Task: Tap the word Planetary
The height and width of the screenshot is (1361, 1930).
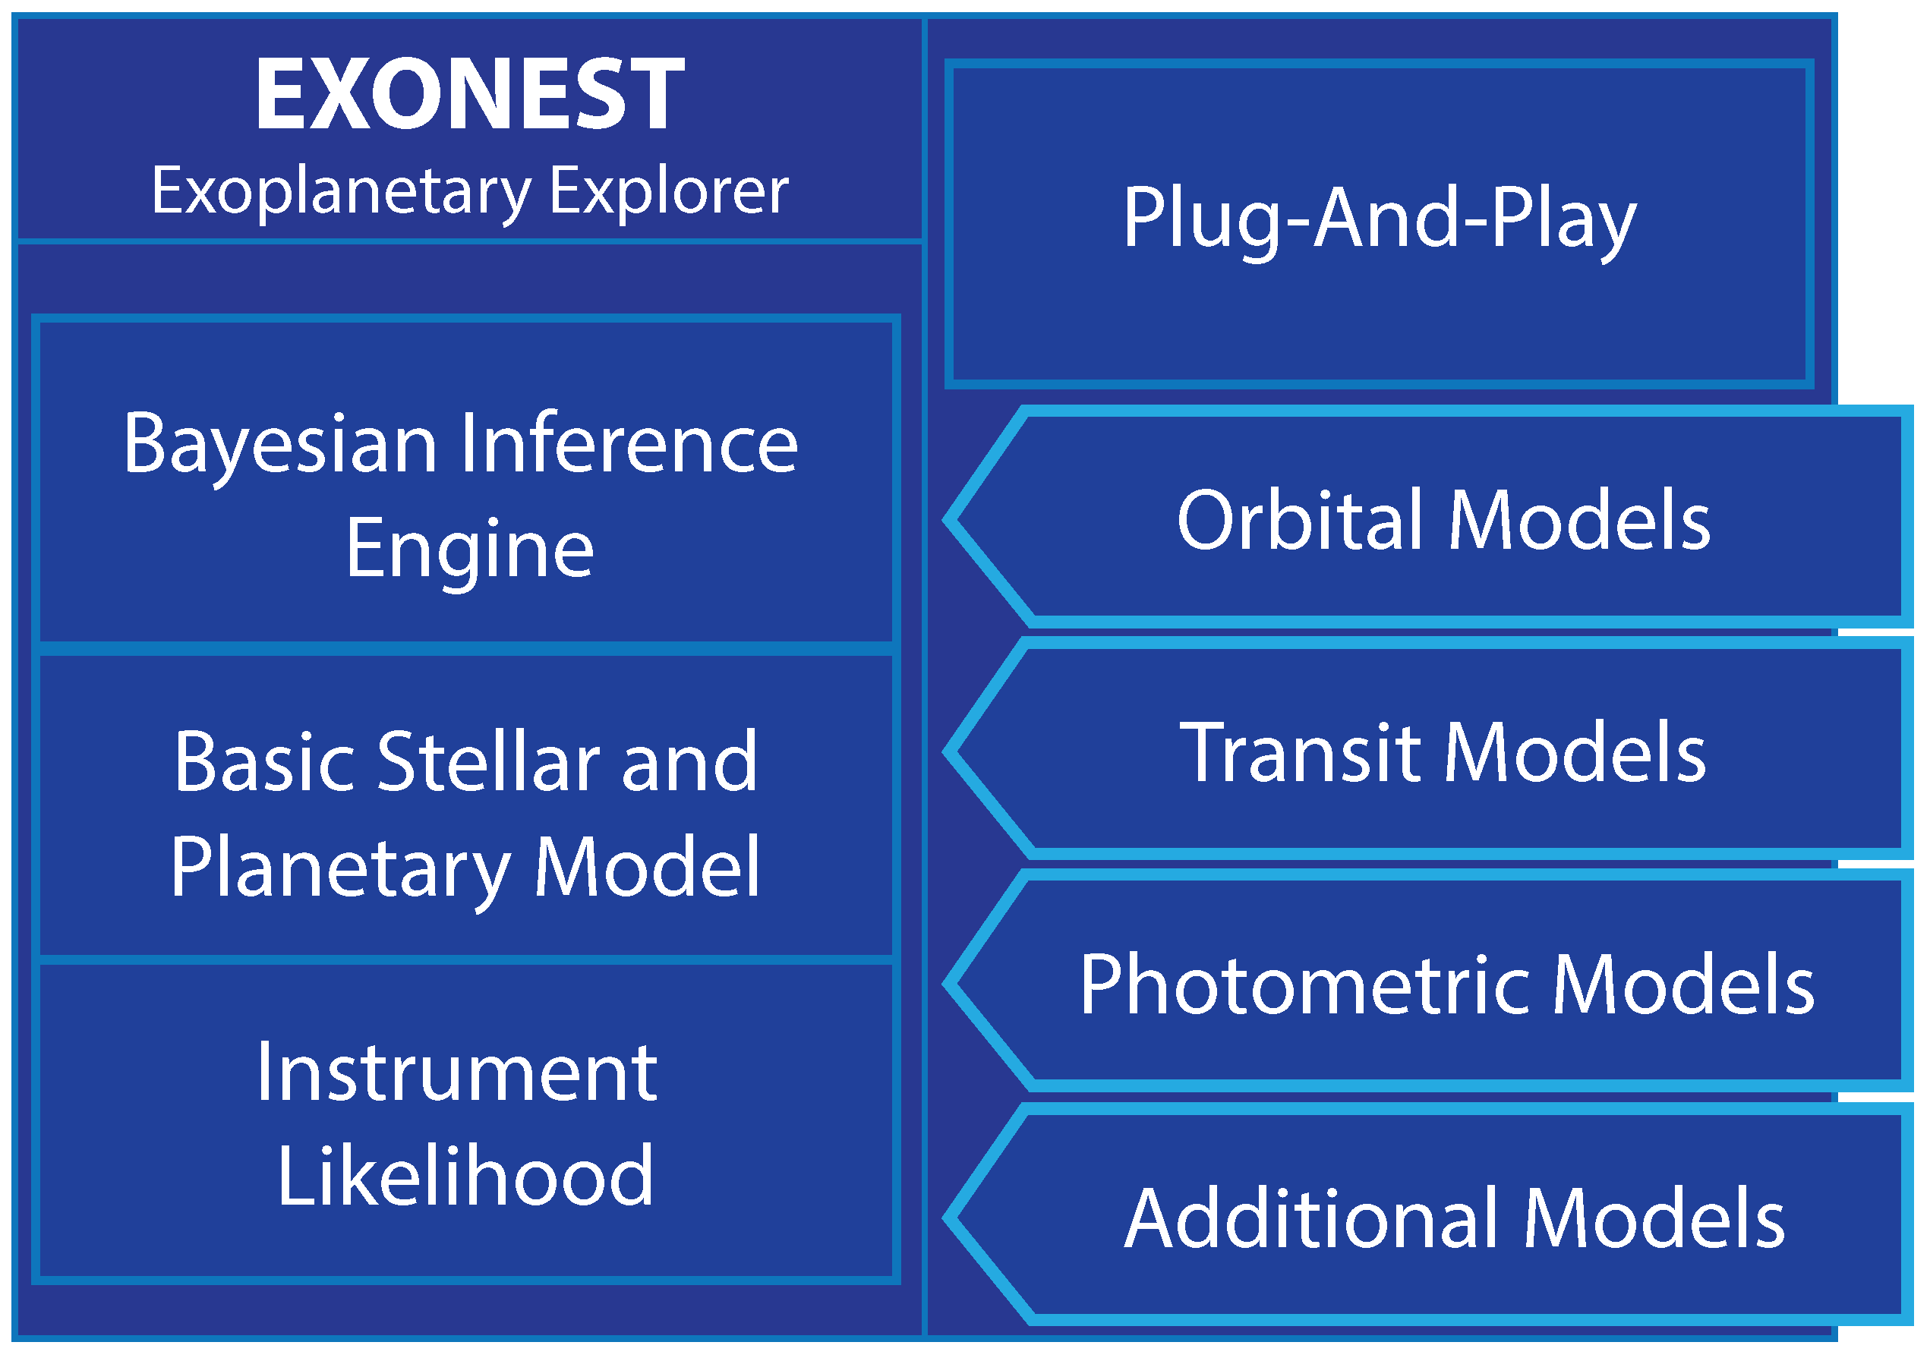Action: pyautogui.click(x=340, y=871)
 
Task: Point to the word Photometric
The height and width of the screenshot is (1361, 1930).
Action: pyautogui.click(x=1305, y=985)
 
